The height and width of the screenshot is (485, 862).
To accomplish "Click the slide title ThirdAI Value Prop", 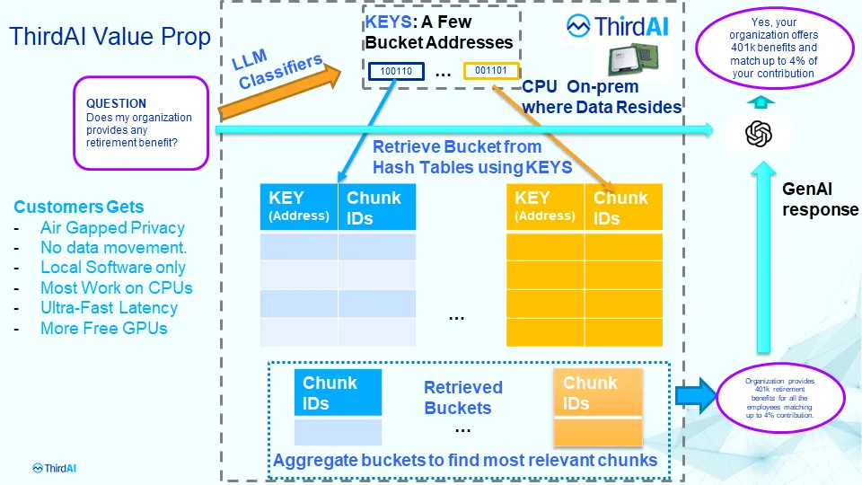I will (x=110, y=37).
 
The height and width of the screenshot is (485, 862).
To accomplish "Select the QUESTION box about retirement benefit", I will (x=142, y=123).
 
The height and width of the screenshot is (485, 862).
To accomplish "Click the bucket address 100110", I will (x=396, y=70).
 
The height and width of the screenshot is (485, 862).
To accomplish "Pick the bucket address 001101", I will (x=490, y=70).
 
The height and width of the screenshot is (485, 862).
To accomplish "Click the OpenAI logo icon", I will (x=759, y=134).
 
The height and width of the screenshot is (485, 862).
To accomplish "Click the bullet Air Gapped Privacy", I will (x=112, y=228).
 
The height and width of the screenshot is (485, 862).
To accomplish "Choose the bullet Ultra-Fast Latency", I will (x=109, y=308).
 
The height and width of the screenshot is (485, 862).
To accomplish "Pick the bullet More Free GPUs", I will (x=103, y=328).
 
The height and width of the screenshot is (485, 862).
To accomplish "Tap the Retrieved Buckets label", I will (x=463, y=398).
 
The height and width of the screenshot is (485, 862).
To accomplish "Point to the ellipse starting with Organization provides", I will (x=779, y=398).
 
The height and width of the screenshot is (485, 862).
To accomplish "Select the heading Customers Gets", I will (x=78, y=207).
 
